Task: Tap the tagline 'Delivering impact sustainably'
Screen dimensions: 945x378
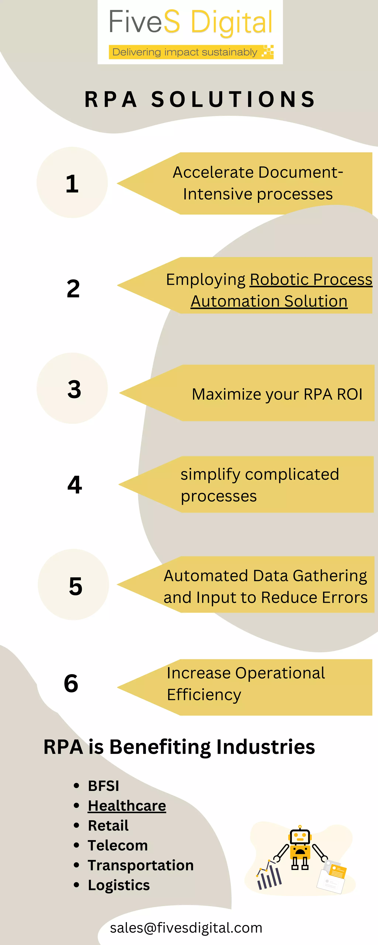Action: coord(185,52)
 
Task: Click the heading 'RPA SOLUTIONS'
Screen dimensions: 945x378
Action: coord(200,99)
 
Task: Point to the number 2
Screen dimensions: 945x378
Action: coord(73,289)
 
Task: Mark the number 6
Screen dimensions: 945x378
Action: coord(71,683)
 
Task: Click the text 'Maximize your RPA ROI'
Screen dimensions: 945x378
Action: coord(277,394)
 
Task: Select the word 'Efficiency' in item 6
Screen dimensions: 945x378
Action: coord(204,695)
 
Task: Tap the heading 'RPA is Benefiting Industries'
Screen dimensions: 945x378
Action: coord(179,747)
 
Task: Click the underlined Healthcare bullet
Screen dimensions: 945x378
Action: coord(127,806)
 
